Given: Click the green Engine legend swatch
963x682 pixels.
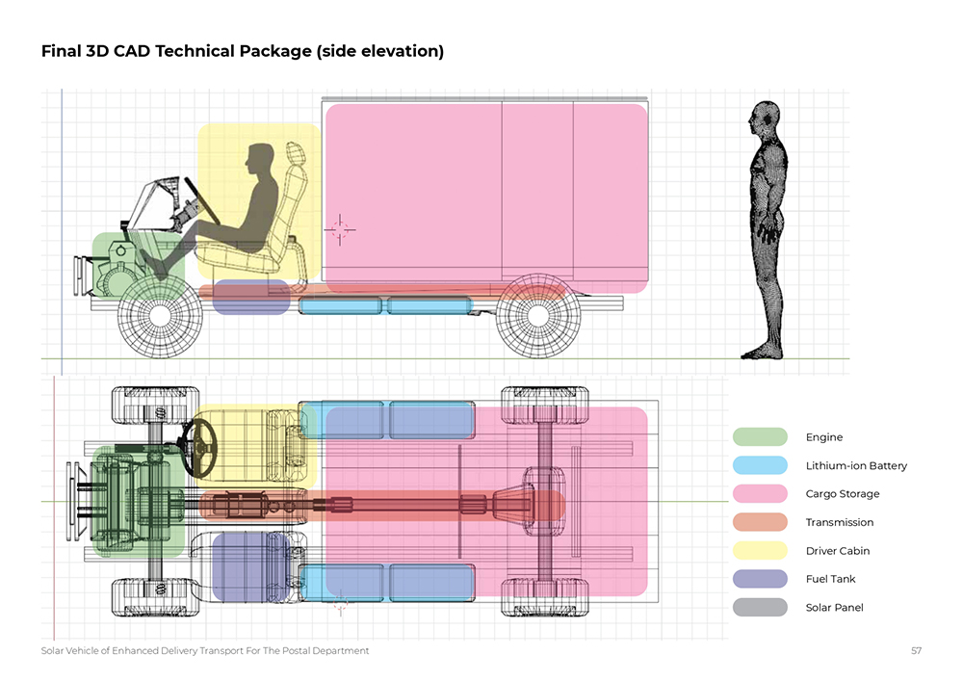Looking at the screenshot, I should coord(760,437).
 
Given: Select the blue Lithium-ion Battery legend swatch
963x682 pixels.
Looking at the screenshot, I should coord(760,465).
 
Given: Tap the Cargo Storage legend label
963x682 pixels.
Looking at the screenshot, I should coord(842,494).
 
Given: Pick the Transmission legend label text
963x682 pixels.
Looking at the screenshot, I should coord(839,522).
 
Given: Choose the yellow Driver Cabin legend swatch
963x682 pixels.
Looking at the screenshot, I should coord(760,551).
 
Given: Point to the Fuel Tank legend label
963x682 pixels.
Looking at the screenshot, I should coord(830,579).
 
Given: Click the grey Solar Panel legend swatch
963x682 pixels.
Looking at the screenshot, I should coord(760,608).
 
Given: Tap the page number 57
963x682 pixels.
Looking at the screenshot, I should coord(916,651).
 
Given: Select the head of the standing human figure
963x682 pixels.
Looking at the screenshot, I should coord(766,118).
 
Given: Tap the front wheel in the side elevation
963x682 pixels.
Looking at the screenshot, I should coord(160,313).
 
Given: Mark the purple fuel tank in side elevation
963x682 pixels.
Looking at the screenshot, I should coord(250,297).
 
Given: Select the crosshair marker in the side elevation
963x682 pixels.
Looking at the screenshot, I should coord(340,228).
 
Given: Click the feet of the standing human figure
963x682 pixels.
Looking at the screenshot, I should coord(761,352).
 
